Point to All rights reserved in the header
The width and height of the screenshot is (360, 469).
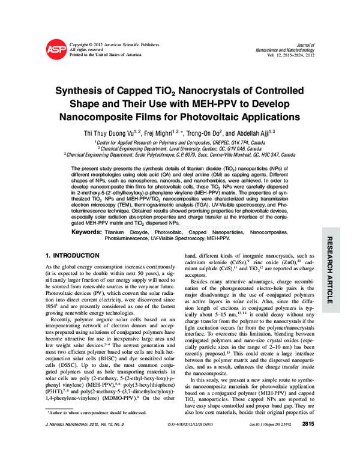[x=87, y=50]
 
